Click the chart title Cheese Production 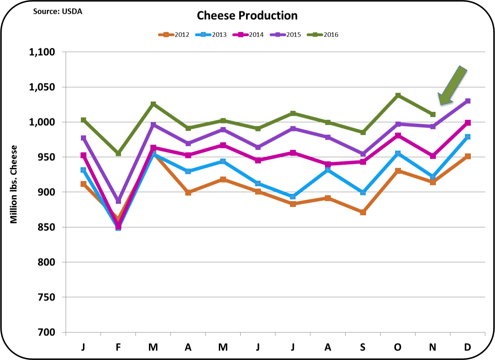click(247, 16)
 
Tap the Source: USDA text click(57, 11)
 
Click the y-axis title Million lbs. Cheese click(13, 184)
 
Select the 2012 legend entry click(174, 35)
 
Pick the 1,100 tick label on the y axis click(42, 52)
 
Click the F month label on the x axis click(118, 347)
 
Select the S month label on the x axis click(363, 347)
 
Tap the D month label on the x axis click(467, 347)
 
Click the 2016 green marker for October click(398, 95)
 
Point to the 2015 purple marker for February click(118, 201)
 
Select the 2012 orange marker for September click(363, 212)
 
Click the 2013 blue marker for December click(468, 137)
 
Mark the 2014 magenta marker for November click(433, 156)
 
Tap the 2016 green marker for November click(433, 114)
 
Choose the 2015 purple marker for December click(468, 101)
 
